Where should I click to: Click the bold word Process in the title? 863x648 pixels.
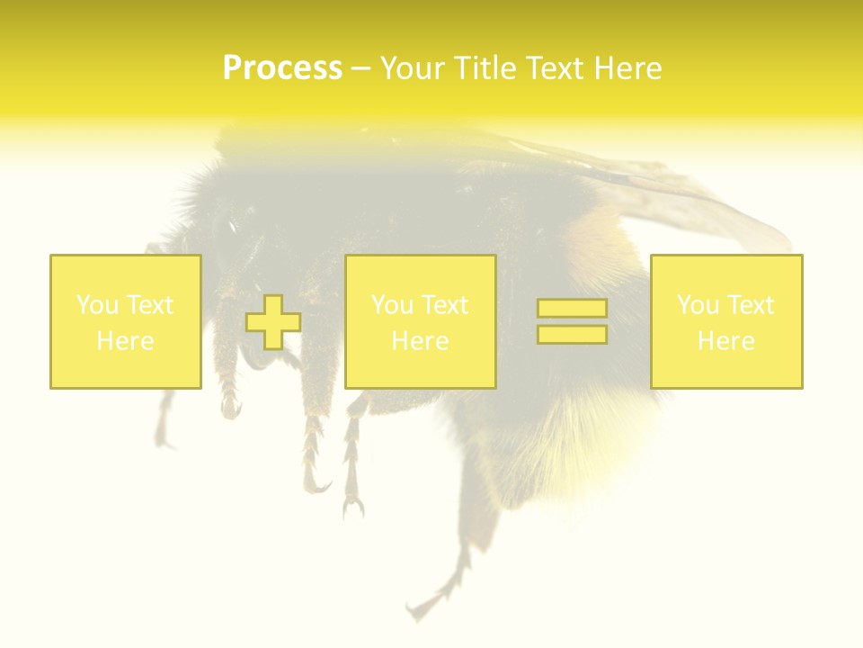[x=282, y=68]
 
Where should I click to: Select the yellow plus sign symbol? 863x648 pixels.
[x=273, y=322]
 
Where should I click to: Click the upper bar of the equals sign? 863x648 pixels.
[x=572, y=309]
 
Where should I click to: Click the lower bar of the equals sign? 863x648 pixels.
[x=572, y=335]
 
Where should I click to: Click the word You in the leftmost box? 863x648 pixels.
[x=97, y=305]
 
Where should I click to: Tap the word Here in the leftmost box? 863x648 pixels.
[x=125, y=341]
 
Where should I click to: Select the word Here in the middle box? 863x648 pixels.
[x=420, y=341]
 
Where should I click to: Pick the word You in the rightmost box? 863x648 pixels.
[x=698, y=305]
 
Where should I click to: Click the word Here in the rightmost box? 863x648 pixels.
[x=725, y=341]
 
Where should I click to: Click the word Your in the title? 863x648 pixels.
[x=412, y=68]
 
